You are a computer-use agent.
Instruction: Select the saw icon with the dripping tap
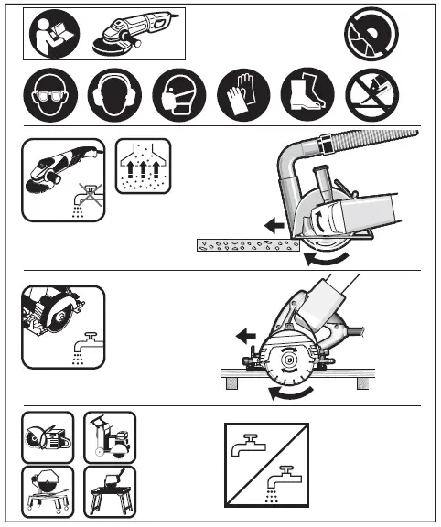coord(62,326)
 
